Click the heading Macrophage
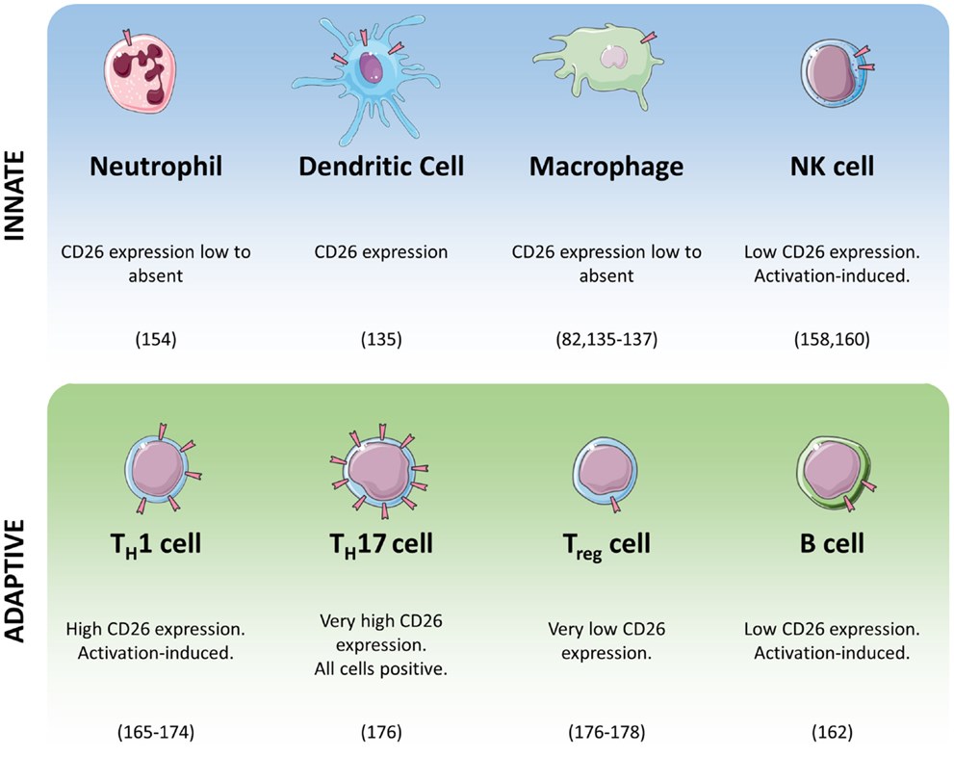coord(606,167)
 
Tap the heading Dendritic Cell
coord(381,167)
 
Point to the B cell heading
coord(832,543)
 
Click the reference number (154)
coord(156,340)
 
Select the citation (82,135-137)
coord(606,340)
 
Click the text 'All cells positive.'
coord(381,668)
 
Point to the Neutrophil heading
coord(156,167)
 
